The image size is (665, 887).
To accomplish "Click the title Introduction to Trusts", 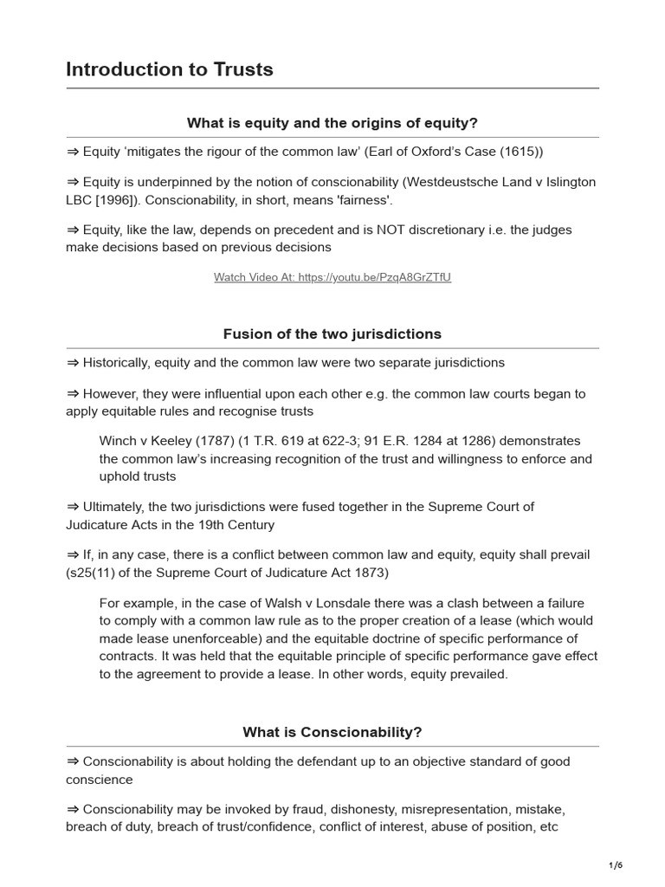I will coord(170,69).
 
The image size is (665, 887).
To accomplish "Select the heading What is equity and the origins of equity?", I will coord(332,123).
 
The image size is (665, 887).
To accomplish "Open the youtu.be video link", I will coord(332,277).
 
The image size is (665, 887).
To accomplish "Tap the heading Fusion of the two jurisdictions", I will coord(332,333).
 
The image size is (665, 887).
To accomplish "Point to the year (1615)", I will coord(517,152).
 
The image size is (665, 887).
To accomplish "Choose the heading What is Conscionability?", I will coord(332,732).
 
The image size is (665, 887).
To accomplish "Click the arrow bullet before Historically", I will coord(72,363).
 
